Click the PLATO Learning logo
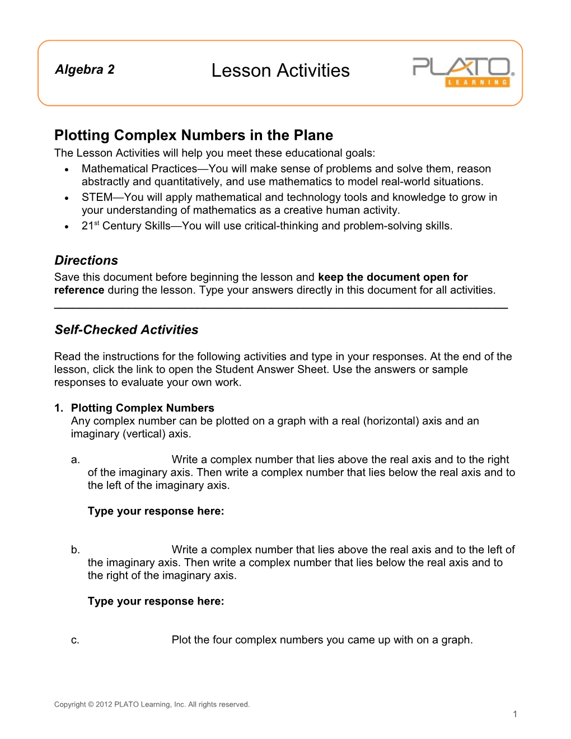click(x=464, y=72)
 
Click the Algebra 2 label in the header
click(x=85, y=69)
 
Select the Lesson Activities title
click(x=280, y=71)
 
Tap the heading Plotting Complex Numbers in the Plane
click(x=194, y=135)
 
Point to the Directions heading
click(x=86, y=260)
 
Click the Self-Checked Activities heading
click(x=127, y=330)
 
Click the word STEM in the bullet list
click(x=97, y=197)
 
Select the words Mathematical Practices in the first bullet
click(x=139, y=169)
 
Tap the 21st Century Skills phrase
click(x=126, y=226)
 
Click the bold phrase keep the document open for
click(x=392, y=277)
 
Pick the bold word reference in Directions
click(x=79, y=290)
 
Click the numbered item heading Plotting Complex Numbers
click(x=142, y=408)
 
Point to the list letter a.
click(x=75, y=460)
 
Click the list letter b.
click(x=75, y=550)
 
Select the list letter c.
click(x=75, y=640)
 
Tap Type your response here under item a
click(x=156, y=511)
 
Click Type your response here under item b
click(x=156, y=601)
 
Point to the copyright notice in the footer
click(x=152, y=704)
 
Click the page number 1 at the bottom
click(x=514, y=714)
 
